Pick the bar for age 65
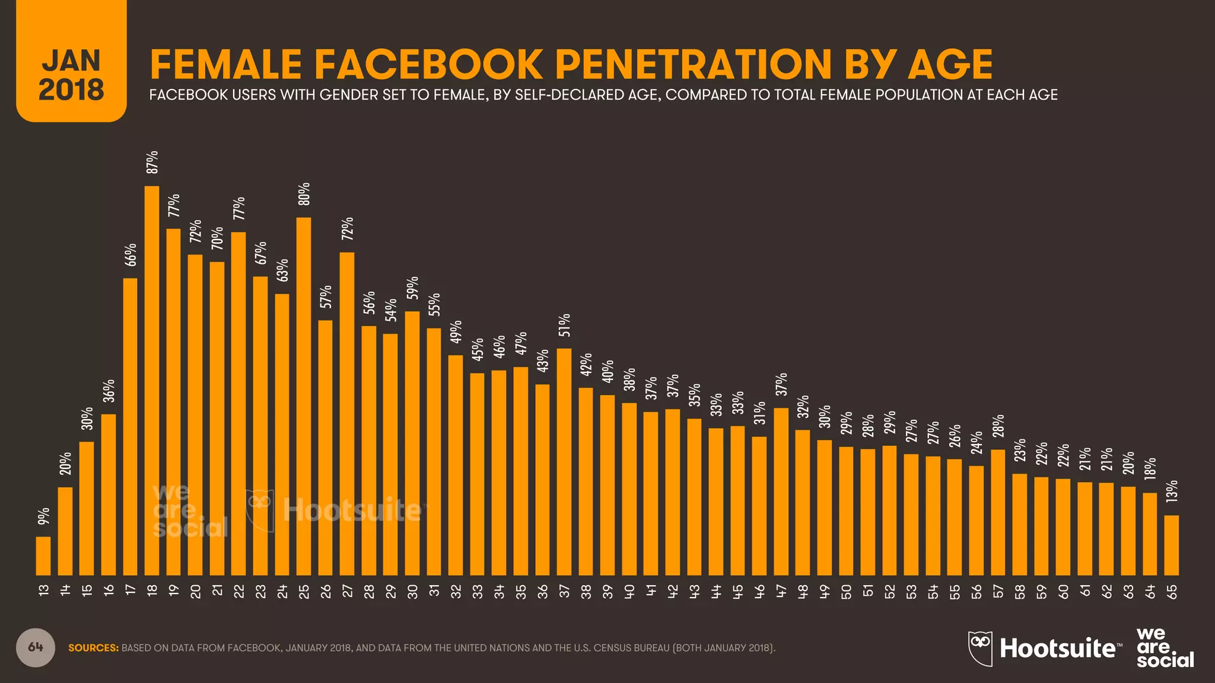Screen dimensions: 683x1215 (x=1171, y=545)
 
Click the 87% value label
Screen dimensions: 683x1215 (x=152, y=162)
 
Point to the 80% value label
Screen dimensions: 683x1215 (x=304, y=194)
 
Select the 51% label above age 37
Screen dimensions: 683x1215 (x=564, y=325)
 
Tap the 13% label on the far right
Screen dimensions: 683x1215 (x=1172, y=491)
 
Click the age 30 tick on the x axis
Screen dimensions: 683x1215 (x=412, y=592)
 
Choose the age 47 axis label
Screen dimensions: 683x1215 (x=781, y=592)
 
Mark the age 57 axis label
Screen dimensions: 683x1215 (x=998, y=592)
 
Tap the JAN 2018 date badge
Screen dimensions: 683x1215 (x=71, y=74)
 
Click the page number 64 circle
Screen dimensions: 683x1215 (x=36, y=647)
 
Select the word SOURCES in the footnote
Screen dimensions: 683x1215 (x=93, y=648)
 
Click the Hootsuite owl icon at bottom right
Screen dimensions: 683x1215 (x=980, y=648)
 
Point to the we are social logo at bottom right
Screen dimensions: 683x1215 (x=1164, y=648)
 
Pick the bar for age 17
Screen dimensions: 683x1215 (x=131, y=426)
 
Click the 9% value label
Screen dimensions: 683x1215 (x=44, y=516)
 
